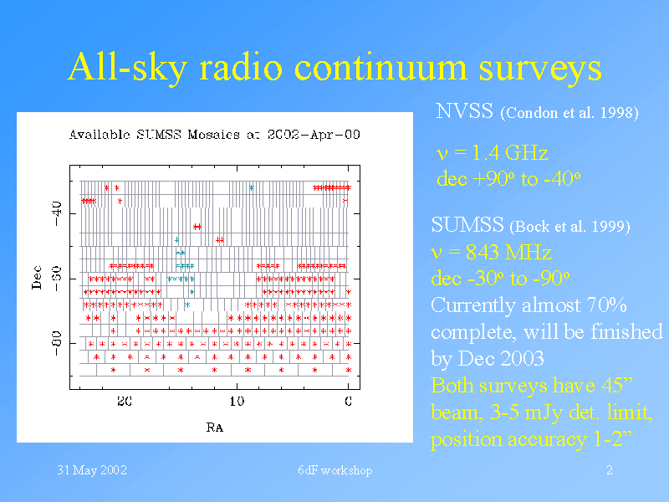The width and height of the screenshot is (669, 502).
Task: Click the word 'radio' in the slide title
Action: [241, 67]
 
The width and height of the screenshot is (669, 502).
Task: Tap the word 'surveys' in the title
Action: [540, 70]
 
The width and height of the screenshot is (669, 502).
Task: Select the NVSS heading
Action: [464, 111]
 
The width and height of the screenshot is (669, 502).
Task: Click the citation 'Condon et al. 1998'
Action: [569, 113]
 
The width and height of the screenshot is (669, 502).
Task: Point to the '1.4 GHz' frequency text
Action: [510, 152]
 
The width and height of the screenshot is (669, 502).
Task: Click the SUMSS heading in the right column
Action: [467, 224]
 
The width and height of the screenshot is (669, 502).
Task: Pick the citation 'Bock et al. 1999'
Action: [569, 226]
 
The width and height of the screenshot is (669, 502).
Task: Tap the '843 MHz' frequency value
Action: [508, 252]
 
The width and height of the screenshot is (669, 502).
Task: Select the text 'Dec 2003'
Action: [501, 358]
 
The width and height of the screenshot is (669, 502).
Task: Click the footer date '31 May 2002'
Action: [92, 470]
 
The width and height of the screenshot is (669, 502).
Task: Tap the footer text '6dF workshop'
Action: [335, 470]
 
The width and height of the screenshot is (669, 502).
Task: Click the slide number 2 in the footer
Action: [610, 470]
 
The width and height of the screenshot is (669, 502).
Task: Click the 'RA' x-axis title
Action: [215, 427]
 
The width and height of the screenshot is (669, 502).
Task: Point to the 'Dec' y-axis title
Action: [37, 278]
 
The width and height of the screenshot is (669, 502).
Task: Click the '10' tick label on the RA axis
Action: [237, 402]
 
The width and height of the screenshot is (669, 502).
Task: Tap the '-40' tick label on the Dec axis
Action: [57, 213]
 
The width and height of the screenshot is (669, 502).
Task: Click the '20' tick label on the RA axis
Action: [125, 402]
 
